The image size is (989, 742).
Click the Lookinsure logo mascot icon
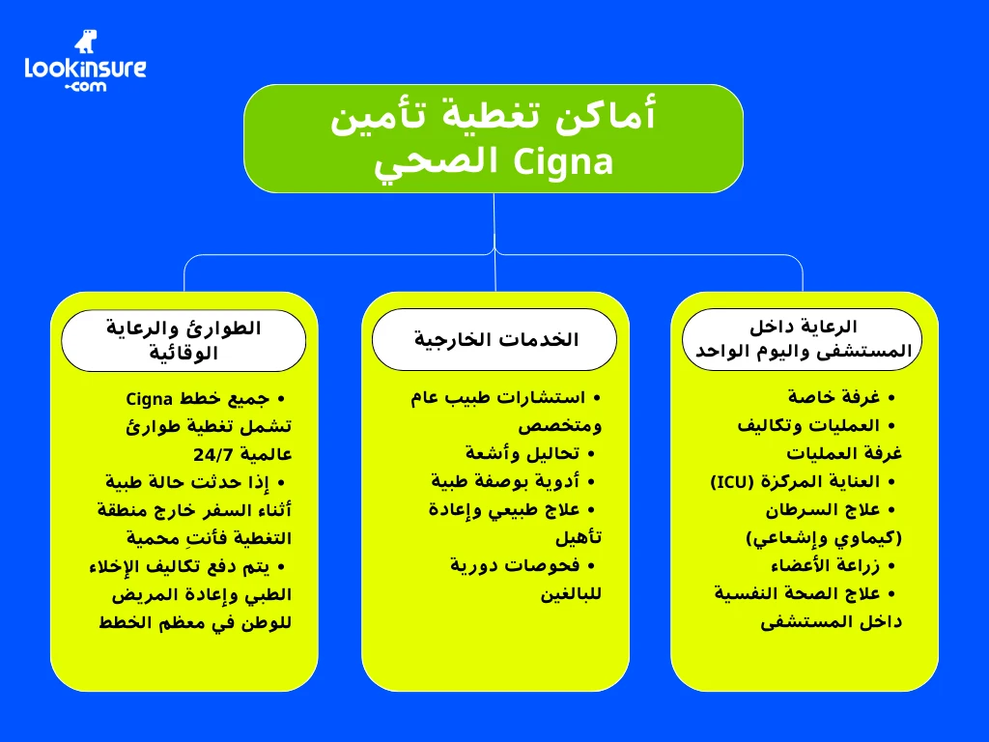[86, 42]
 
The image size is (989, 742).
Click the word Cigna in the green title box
[560, 161]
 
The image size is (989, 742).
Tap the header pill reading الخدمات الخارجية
[494, 340]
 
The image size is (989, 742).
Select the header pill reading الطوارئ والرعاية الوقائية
[184, 340]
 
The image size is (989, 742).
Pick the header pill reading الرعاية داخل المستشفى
[803, 339]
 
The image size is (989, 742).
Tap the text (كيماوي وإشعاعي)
[823, 537]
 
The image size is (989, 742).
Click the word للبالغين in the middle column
[571, 593]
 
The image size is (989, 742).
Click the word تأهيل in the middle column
[579, 537]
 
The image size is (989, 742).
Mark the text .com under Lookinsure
[85, 86]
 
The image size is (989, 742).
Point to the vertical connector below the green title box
[494, 222]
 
